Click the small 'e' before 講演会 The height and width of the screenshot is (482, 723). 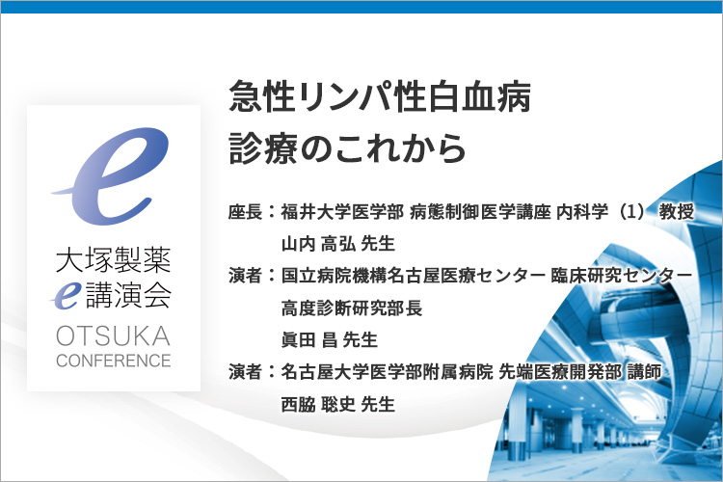[67, 296]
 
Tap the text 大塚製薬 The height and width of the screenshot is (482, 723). [114, 259]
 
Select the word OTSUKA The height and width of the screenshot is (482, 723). [114, 335]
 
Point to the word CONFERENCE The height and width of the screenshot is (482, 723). [114, 361]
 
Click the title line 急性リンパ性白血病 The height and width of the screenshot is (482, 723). [380, 96]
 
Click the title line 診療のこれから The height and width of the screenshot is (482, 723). [347, 148]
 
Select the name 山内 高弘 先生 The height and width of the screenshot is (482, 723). [338, 244]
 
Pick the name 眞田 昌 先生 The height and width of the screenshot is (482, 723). [330, 340]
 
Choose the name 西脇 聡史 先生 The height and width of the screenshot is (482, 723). [338, 404]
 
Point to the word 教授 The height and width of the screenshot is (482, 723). [677, 212]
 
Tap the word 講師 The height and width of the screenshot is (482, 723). [645, 372]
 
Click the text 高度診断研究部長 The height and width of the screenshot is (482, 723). [352, 308]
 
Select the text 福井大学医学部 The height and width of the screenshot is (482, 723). [342, 212]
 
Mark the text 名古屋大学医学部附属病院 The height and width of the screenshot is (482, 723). [387, 372]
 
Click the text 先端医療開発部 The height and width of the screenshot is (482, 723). [560, 372]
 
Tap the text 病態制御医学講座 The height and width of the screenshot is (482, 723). [480, 212]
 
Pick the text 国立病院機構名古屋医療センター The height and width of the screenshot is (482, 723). [414, 276]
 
